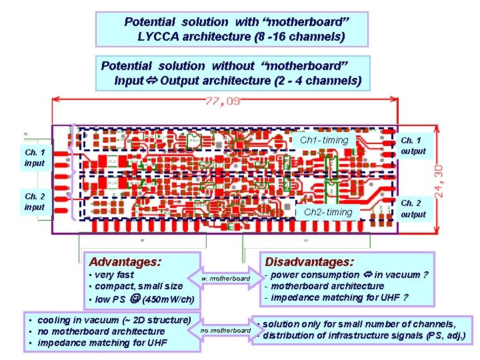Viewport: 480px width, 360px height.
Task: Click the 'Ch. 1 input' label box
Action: (34, 158)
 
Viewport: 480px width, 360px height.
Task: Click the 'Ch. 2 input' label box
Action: (34, 201)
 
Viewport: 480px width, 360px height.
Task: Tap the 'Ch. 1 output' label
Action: (413, 145)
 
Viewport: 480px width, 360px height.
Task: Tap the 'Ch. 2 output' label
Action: (413, 208)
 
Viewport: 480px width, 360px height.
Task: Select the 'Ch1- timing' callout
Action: (324, 140)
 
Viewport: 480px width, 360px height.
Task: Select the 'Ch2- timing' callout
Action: (327, 212)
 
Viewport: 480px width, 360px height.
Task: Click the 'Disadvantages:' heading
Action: (309, 261)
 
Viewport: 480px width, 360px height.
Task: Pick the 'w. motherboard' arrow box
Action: (226, 277)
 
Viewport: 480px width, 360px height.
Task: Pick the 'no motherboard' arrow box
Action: (226, 330)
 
